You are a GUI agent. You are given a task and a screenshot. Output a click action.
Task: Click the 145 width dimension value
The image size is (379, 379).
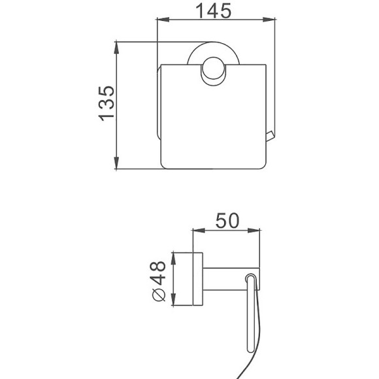[x=213, y=11]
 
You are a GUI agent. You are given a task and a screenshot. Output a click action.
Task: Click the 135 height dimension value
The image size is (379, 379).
[x=106, y=103]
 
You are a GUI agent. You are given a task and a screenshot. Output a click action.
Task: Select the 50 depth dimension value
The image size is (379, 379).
[x=227, y=220]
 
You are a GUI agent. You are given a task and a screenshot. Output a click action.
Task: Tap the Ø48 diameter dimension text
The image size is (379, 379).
[x=158, y=281]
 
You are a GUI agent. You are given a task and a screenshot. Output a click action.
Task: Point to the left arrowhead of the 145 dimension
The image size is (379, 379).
[x=163, y=20]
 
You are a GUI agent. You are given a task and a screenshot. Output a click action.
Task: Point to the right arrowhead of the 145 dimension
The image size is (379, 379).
[x=269, y=20]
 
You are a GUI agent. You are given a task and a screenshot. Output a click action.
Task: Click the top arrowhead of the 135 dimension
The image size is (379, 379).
[x=116, y=48]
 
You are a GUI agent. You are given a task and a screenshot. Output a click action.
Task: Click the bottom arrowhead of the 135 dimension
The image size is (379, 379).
[x=116, y=163]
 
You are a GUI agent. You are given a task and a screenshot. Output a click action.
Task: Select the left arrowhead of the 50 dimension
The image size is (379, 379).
[x=199, y=231]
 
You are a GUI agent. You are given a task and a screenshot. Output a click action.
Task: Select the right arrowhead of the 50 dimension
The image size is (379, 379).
[x=254, y=231]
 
